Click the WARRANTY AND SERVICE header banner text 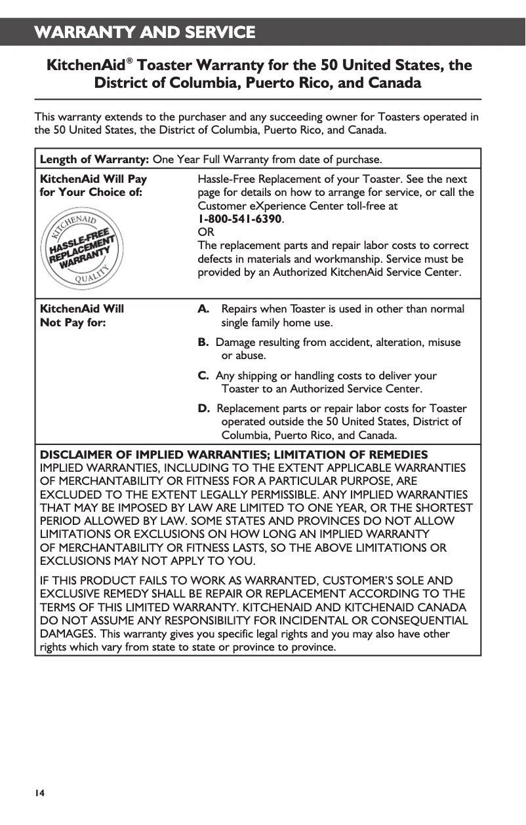pos(145,32)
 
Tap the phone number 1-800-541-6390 pos(240,219)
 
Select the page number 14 pos(40,793)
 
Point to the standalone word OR pos(206,232)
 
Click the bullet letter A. pos(204,309)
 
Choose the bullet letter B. pos(203,343)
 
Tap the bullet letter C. pos(203,376)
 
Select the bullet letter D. pos(204,409)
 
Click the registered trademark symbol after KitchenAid pos(131,62)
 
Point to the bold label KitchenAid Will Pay pos(94,179)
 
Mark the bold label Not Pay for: pos(73,322)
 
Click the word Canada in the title pos(392,83)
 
